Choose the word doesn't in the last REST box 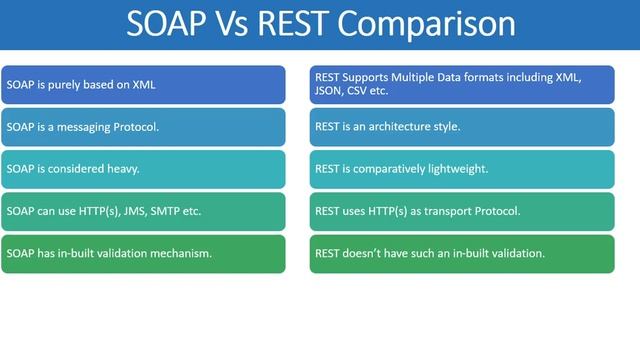[361, 253]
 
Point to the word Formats [506, 77]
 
